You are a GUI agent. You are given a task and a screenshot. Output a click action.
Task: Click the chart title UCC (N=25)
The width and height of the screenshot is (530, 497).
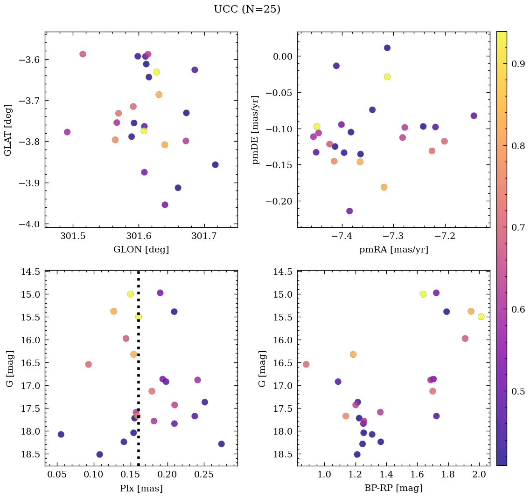tap(247, 9)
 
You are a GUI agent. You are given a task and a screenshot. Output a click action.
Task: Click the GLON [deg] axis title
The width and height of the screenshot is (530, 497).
tap(141, 250)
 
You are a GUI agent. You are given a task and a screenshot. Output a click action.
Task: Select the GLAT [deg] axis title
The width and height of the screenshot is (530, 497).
tap(8, 129)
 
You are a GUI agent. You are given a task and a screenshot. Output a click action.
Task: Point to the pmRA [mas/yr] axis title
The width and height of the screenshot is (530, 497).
tap(393, 250)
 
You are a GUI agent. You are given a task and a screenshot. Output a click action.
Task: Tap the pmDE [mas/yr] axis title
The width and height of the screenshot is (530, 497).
tap(255, 129)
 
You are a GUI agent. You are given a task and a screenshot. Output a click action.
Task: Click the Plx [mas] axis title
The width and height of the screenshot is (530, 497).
tap(141, 488)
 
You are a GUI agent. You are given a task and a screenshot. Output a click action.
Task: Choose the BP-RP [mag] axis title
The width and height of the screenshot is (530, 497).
tap(393, 488)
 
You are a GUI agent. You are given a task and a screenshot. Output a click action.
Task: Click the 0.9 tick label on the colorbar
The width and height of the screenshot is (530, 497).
tap(518, 64)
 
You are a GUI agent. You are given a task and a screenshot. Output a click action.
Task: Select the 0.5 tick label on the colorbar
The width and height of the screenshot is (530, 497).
tap(518, 391)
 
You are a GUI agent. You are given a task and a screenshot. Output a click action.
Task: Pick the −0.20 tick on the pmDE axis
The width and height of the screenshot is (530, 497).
tap(278, 201)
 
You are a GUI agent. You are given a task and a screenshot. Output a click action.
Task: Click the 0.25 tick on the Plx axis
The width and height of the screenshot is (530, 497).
tap(203, 475)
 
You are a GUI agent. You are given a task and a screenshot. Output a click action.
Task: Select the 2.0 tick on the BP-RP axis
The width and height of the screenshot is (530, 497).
tap(479, 475)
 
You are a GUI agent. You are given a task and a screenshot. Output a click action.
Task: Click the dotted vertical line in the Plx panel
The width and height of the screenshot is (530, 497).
tap(138, 373)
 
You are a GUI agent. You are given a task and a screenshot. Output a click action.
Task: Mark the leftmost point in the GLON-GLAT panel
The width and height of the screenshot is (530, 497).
tap(67, 132)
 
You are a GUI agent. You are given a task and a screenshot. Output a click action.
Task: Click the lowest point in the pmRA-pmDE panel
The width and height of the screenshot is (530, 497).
tap(349, 211)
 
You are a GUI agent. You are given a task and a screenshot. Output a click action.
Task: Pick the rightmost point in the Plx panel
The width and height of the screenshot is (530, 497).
tap(221, 444)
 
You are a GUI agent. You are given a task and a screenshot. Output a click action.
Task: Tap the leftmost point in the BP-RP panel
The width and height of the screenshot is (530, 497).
tap(306, 364)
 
